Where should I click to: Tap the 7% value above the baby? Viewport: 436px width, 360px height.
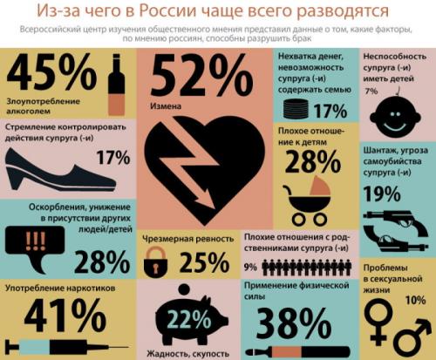[x=371, y=90]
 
